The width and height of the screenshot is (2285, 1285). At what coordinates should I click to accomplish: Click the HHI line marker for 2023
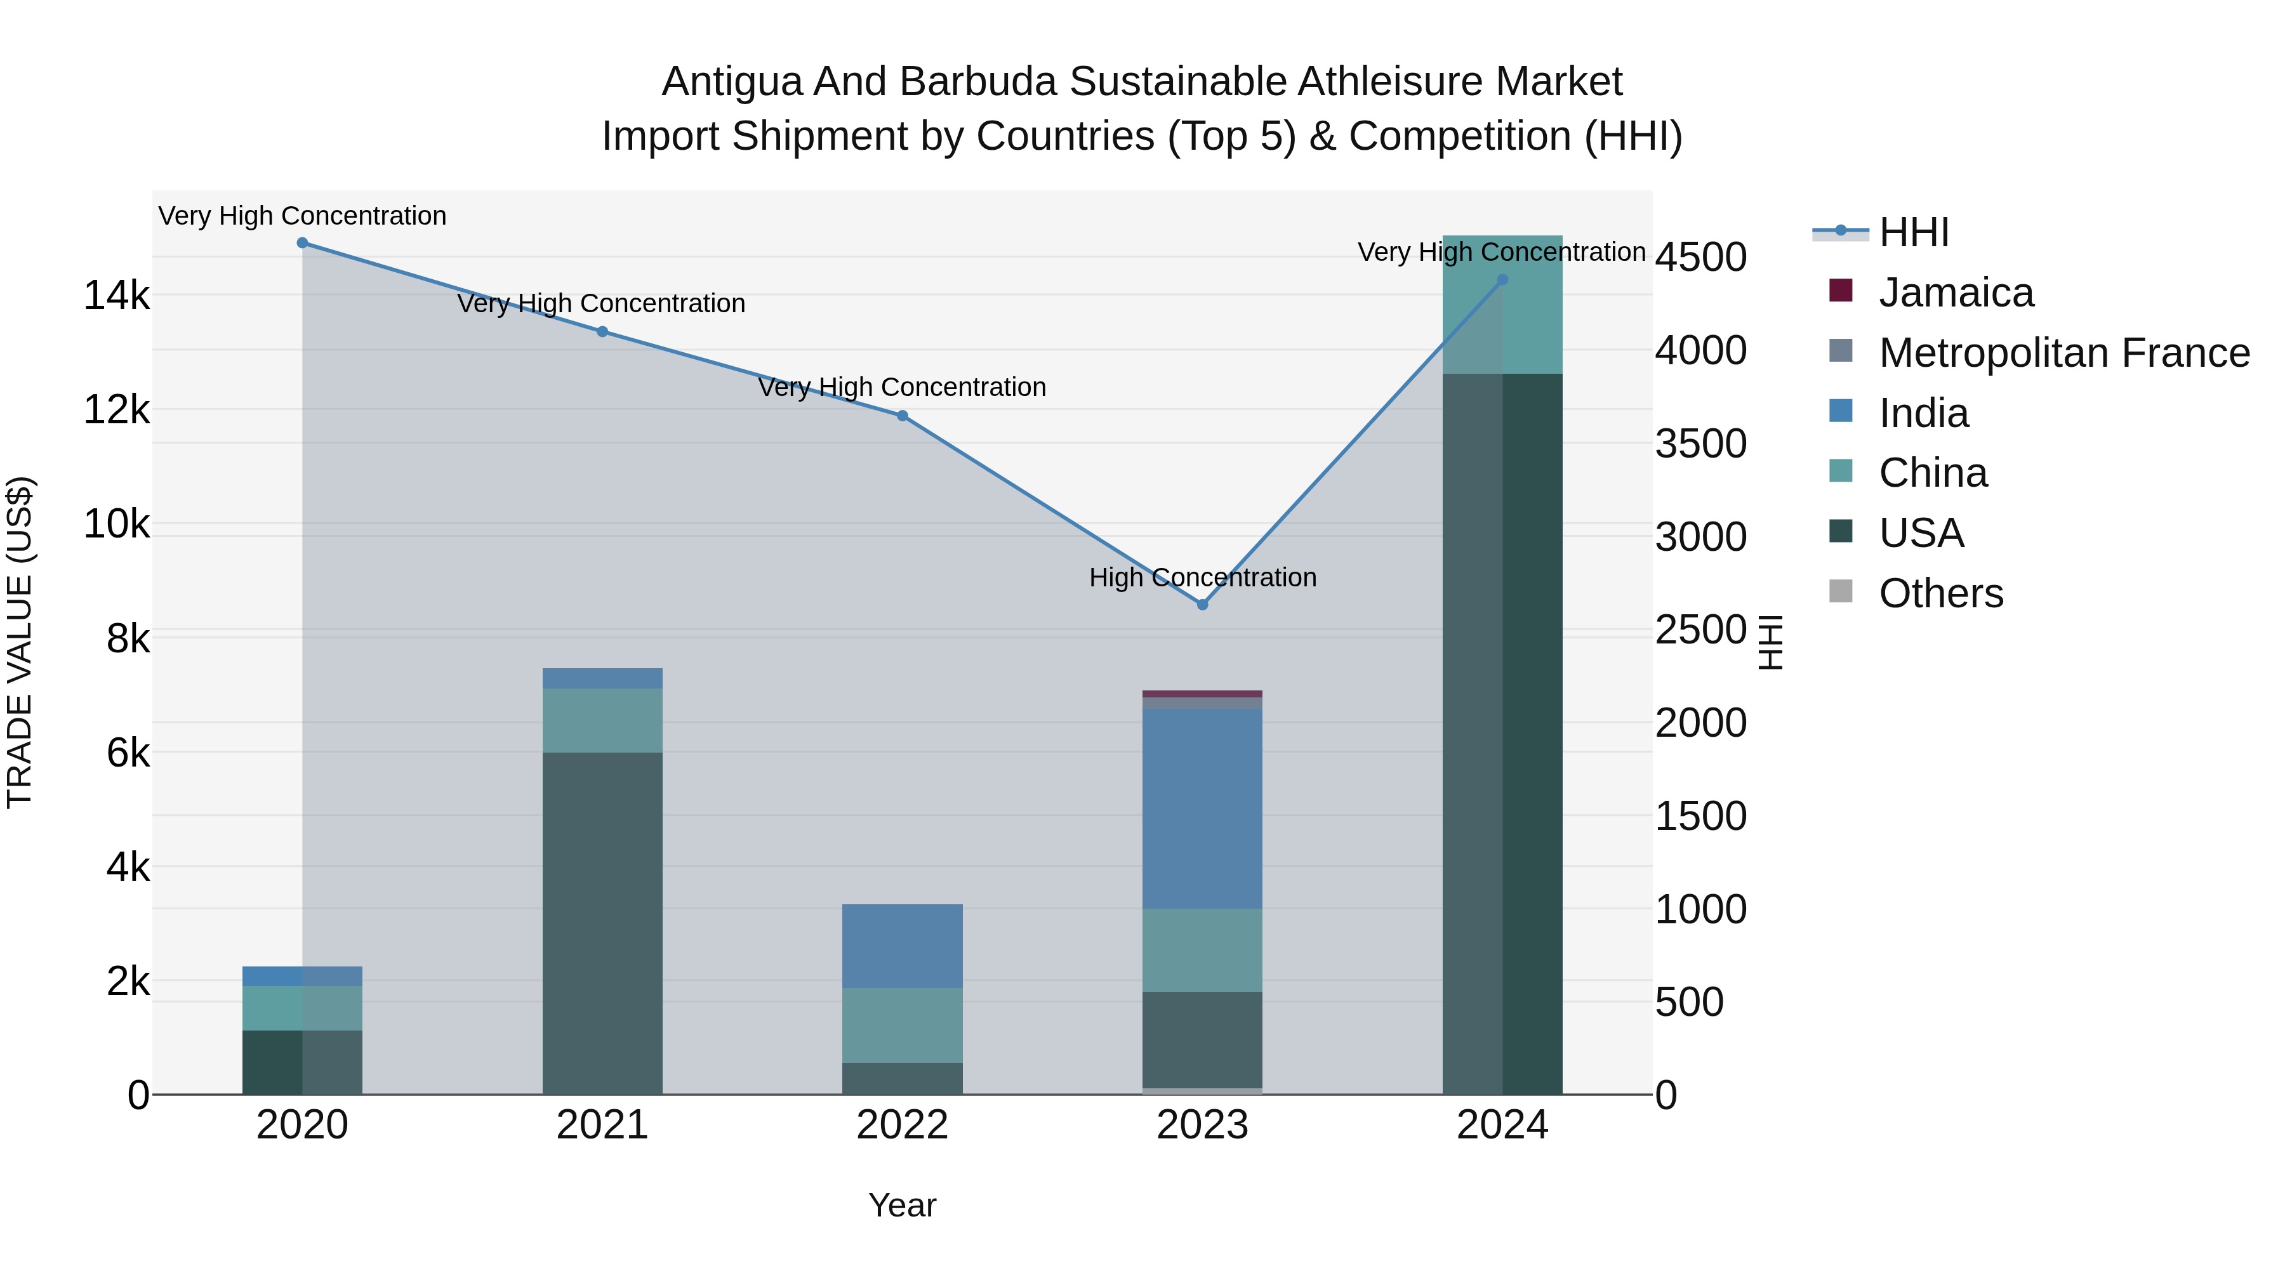click(x=1202, y=605)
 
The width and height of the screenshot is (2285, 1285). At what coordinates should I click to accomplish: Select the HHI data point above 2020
click(x=303, y=243)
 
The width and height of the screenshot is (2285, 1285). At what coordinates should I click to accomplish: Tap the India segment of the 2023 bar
click(x=1202, y=807)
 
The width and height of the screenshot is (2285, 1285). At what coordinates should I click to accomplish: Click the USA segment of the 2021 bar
click(x=602, y=922)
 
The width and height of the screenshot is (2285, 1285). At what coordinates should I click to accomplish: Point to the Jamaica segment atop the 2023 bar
click(x=1202, y=694)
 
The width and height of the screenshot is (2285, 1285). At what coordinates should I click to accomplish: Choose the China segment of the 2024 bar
click(x=1502, y=304)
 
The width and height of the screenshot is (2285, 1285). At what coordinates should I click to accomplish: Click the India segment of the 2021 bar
click(x=602, y=678)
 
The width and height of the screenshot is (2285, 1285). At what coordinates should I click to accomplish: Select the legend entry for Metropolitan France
click(x=2063, y=353)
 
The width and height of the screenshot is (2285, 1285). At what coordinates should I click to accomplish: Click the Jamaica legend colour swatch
click(x=1841, y=291)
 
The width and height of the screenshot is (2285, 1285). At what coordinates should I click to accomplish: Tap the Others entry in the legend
click(x=1940, y=593)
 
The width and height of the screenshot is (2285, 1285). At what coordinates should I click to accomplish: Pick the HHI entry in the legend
click(x=1913, y=232)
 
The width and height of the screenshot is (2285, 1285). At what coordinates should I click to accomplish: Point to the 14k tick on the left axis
click(x=116, y=295)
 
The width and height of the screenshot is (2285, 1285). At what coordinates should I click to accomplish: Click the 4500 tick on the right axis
click(x=1700, y=258)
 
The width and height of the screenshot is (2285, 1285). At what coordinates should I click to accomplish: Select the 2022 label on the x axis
click(x=902, y=1125)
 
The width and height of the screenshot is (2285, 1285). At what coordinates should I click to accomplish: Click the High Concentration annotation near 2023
click(x=1202, y=577)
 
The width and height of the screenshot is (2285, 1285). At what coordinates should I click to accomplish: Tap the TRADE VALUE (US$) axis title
click(x=20, y=642)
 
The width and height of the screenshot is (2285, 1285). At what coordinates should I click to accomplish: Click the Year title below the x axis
click(x=902, y=1205)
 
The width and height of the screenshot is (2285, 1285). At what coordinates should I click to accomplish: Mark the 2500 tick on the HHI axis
click(x=1700, y=631)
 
